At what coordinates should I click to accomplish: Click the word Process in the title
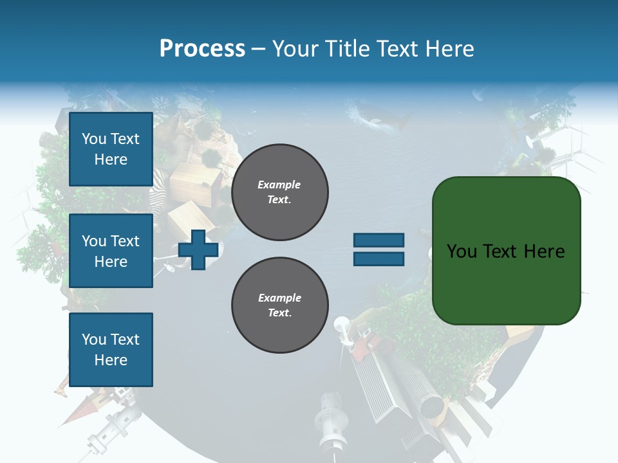(202, 48)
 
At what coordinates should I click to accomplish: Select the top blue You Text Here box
(111, 149)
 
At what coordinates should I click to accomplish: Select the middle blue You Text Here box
(111, 251)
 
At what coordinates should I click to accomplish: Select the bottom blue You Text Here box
(111, 350)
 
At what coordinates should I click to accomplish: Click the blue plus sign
(198, 249)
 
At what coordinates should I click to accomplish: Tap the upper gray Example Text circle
(280, 192)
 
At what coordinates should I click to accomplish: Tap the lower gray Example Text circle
(280, 305)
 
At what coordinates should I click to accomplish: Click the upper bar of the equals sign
(379, 241)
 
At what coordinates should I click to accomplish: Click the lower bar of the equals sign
(379, 259)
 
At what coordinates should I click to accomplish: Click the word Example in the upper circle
(279, 185)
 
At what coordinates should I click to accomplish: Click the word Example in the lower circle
(279, 298)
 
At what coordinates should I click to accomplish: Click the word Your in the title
(296, 48)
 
